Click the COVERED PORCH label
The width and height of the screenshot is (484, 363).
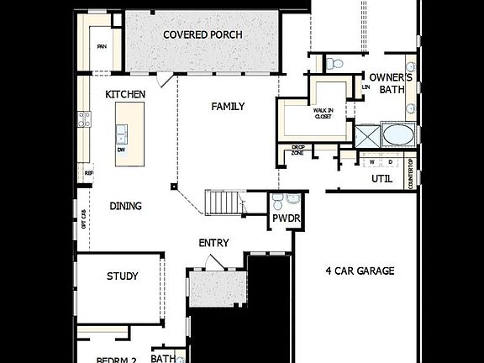coord(203,34)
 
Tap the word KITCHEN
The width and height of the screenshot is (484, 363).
coord(125,95)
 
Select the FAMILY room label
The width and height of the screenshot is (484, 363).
coord(228,106)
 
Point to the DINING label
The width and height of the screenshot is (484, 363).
coord(125,206)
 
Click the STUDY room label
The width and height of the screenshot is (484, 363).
coord(122,276)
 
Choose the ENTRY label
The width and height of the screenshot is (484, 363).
coord(213,243)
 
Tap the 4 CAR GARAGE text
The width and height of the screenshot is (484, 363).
coord(360,271)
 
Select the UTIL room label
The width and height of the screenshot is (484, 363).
coord(382,179)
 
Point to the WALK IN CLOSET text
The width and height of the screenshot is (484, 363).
coord(324,113)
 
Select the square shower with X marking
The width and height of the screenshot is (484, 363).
coord(366,135)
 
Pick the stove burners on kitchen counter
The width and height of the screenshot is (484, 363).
coord(84,119)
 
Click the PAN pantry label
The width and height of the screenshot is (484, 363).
coord(102,47)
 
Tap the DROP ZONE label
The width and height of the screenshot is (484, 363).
coord(297,151)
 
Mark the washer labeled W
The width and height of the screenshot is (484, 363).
coord(371,161)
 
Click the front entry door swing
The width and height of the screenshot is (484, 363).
coord(216,263)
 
